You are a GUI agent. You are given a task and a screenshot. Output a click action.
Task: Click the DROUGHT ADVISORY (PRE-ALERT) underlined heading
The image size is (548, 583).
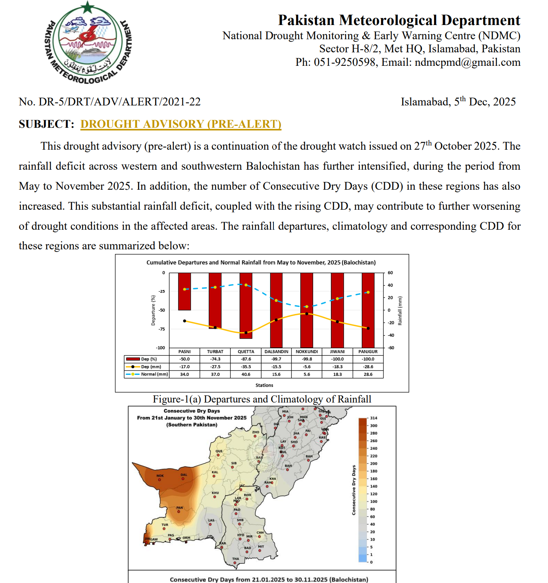[181, 124]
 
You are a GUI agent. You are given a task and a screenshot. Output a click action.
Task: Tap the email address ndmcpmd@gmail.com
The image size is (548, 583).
[467, 62]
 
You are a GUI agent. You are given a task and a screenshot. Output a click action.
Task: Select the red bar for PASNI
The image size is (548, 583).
[185, 291]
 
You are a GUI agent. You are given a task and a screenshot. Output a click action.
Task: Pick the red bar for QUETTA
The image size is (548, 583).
[246, 306]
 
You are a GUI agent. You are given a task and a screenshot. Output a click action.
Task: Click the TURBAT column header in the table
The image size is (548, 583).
[215, 352]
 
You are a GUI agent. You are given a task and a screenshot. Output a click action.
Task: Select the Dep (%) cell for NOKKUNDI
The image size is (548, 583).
[306, 359]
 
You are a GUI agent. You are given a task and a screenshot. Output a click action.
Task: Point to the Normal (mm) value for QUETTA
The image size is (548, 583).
[246, 374]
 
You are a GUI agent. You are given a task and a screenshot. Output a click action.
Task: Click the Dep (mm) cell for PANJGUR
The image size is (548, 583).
[368, 367]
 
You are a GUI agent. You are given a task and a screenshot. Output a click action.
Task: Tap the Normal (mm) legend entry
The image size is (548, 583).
[147, 374]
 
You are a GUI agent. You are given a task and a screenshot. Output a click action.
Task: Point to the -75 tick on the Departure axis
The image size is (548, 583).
[162, 329]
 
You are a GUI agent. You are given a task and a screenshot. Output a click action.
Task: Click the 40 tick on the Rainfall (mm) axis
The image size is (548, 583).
[390, 285]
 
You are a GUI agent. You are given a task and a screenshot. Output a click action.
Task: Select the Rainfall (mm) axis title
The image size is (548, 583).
[400, 311]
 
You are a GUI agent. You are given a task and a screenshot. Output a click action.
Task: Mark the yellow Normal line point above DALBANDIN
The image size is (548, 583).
[276, 300]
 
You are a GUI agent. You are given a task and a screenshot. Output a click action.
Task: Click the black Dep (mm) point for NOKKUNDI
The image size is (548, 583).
[306, 314]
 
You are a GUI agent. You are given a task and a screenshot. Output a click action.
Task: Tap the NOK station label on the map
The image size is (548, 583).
[160, 476]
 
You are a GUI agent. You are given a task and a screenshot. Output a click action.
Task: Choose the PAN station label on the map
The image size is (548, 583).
[180, 508]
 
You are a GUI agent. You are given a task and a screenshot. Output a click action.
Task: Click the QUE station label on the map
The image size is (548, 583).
[219, 451]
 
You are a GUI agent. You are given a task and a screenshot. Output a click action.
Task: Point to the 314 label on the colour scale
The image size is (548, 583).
[373, 418]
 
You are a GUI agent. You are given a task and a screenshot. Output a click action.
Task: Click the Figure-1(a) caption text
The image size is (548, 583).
[262, 399]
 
